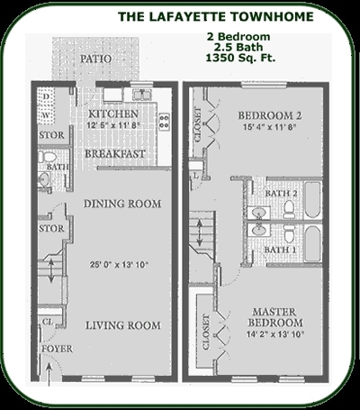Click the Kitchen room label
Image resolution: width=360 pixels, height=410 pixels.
click(114, 114)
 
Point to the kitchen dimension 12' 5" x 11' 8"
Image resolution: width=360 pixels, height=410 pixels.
click(114, 128)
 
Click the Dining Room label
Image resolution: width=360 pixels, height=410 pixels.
click(122, 205)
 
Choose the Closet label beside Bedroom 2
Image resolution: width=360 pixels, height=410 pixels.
click(200, 129)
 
